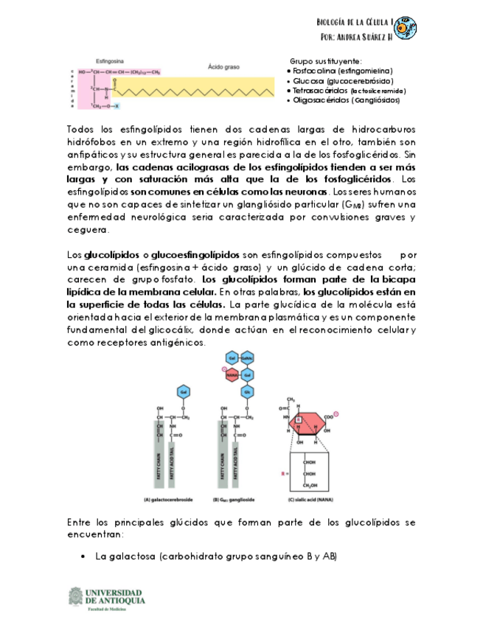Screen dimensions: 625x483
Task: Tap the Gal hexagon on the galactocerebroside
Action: [184, 391]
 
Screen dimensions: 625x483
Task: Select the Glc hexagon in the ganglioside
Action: [247, 391]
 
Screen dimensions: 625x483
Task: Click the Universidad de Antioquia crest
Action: [74, 598]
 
